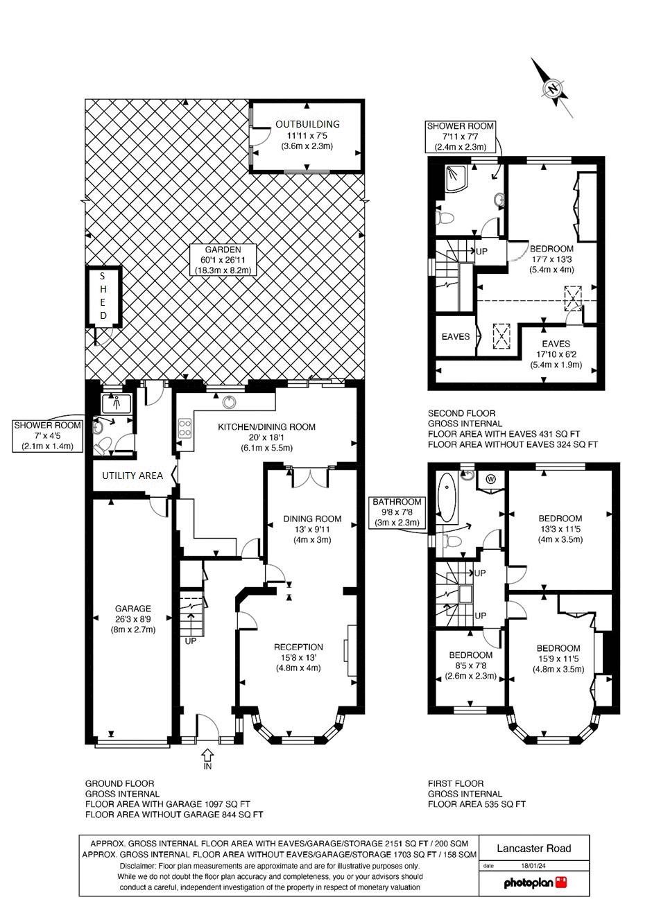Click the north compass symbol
coord(551,88)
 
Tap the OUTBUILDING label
coord(307,124)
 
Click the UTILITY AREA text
coord(132,476)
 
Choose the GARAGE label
coord(133,609)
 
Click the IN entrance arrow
coord(207,756)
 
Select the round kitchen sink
coord(229,402)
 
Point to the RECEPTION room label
coord(299,647)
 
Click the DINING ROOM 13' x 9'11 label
coord(312,530)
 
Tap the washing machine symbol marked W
coord(490,479)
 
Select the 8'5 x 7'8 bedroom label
coord(471,666)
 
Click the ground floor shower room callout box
coord(47,435)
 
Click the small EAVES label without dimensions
coord(456,336)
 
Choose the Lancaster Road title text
coord(534,848)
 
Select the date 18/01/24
coord(533,865)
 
